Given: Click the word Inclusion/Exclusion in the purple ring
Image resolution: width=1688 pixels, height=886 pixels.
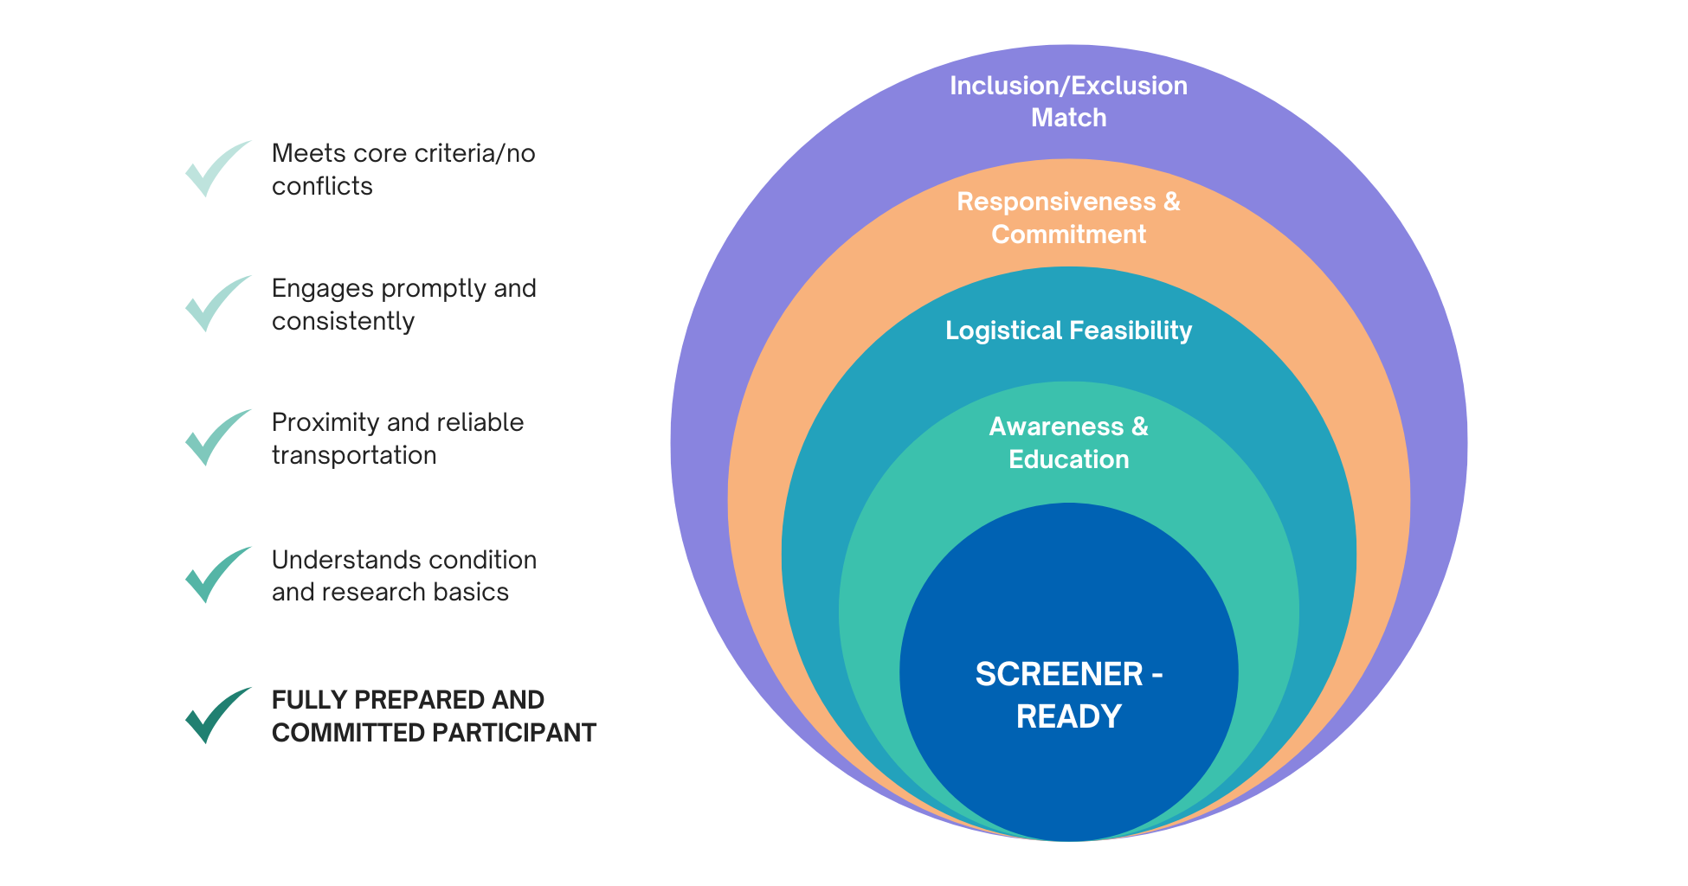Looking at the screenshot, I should (x=1068, y=86).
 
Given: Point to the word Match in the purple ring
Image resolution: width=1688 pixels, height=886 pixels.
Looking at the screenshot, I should (x=1068, y=118).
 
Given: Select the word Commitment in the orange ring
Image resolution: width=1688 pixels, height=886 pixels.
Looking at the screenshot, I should (x=1068, y=234).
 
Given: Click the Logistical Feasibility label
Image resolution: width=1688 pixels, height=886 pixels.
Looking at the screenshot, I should (x=1068, y=331).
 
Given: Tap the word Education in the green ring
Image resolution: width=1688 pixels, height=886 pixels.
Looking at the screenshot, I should (x=1068, y=459).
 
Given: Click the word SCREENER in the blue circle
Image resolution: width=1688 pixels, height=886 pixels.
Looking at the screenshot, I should (x=1059, y=674).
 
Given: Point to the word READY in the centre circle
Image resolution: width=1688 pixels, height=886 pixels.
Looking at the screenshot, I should (x=1068, y=716).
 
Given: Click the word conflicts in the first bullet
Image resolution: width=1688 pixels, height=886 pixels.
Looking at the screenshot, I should (x=322, y=186).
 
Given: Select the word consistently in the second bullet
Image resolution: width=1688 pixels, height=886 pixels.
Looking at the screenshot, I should (x=343, y=321).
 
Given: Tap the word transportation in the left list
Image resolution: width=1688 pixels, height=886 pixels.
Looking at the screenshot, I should (x=354, y=455).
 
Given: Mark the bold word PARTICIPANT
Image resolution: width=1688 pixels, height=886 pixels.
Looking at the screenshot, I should (x=513, y=733).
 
